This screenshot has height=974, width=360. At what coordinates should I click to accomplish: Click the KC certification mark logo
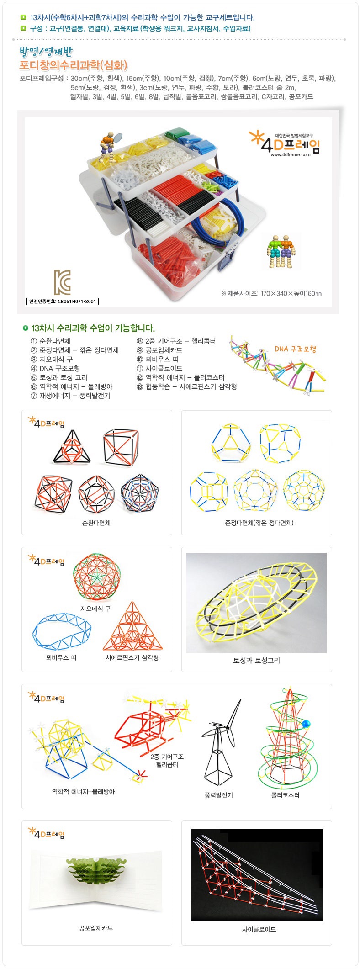coord(62,282)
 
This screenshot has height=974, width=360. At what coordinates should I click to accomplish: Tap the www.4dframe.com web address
coord(291,154)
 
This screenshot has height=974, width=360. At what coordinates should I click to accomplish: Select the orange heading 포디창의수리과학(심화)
coord(74,65)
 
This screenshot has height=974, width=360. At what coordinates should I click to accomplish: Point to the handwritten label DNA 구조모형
coord(296,349)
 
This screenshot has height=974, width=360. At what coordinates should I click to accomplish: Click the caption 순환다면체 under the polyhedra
coord(96,523)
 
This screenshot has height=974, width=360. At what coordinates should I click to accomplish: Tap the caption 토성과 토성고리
coord(256,660)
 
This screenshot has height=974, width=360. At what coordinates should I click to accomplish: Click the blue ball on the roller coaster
coord(306,723)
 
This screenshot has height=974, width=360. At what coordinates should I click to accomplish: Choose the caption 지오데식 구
coord(95,609)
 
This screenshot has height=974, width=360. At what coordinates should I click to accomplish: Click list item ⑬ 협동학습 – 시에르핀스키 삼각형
coord(186,386)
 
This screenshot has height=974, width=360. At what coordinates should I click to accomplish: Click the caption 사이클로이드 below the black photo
coord(259,929)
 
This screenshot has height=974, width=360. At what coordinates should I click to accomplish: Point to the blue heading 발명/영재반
coord(46,51)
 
